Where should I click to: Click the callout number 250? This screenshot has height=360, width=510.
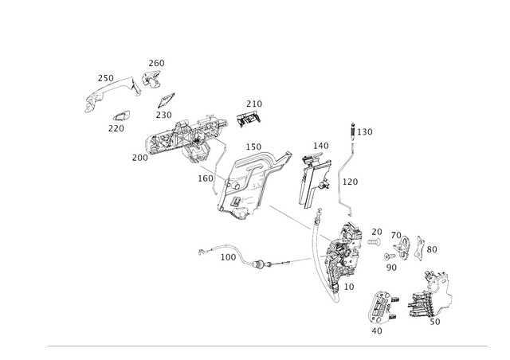point(106,78)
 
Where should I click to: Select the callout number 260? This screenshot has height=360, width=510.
point(156,63)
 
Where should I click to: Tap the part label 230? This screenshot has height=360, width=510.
point(163,115)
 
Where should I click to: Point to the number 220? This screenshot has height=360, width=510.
point(116,128)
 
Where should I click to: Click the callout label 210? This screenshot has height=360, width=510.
point(254,104)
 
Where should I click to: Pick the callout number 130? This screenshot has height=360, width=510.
point(365,132)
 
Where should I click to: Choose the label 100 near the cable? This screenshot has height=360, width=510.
point(228,257)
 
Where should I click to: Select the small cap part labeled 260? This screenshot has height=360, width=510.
point(151,79)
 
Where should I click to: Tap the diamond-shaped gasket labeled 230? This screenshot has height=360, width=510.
point(167,100)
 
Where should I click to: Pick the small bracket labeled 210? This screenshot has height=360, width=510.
point(249,119)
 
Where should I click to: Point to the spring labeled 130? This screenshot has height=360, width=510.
point(352,131)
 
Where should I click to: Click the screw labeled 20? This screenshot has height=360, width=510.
point(374,242)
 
